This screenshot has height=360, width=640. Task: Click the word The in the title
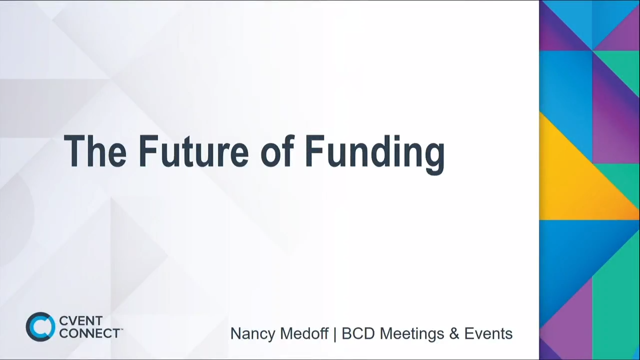[95, 151]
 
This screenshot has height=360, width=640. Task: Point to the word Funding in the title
[374, 152]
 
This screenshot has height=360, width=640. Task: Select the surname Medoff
[304, 333]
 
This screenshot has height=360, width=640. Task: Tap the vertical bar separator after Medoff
[335, 333]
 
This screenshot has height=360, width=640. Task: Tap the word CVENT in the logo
[80, 321]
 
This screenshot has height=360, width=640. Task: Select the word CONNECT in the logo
[88, 333]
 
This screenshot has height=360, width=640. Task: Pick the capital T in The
[74, 151]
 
